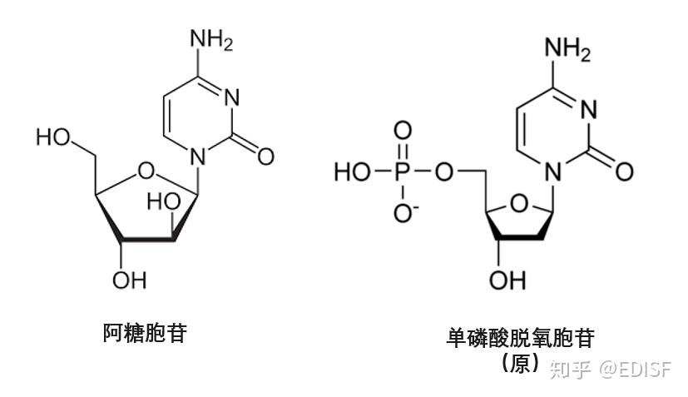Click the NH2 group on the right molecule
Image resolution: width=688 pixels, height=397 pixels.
click(567, 50)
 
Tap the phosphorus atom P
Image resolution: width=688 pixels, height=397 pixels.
click(402, 172)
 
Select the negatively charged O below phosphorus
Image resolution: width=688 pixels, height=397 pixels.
click(403, 213)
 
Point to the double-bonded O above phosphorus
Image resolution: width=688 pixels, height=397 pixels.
click(402, 131)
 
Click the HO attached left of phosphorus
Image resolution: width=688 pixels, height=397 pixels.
click(350, 172)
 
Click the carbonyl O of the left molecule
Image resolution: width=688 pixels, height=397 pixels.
click(266, 155)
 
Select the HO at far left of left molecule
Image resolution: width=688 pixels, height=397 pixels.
click(52, 136)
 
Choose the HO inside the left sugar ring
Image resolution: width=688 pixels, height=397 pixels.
click(161, 201)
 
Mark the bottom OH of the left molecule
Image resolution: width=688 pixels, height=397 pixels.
click(128, 279)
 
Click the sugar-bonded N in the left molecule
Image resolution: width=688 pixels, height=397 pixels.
click(197, 155)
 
